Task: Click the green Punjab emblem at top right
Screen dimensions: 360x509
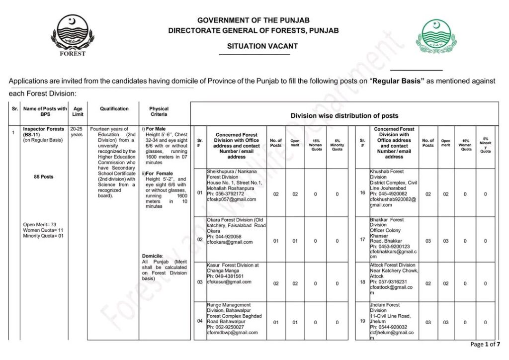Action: tap(436, 36)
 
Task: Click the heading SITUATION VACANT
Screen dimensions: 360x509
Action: tap(262, 46)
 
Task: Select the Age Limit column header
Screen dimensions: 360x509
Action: tap(78, 111)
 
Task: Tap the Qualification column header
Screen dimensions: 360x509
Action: tap(114, 108)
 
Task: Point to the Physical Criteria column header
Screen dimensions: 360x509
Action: tap(159, 111)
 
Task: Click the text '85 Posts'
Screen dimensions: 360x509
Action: tap(44, 177)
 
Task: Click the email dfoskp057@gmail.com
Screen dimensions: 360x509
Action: tap(231, 199)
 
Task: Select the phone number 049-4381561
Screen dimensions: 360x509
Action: tap(229, 276)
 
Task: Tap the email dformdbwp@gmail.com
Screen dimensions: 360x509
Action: tap(232, 333)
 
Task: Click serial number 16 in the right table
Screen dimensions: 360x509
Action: tap(362, 193)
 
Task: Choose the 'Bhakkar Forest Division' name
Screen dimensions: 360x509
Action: tap(387, 222)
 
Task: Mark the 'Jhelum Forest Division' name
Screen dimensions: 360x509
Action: tap(385, 307)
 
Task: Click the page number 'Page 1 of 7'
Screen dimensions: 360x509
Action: tap(485, 344)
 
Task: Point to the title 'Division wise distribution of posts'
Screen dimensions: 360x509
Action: tap(344, 116)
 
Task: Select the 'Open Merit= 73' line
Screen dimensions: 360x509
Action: tap(39, 225)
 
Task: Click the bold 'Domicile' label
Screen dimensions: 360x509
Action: tap(152, 256)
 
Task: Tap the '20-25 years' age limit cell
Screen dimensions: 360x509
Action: tap(77, 132)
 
